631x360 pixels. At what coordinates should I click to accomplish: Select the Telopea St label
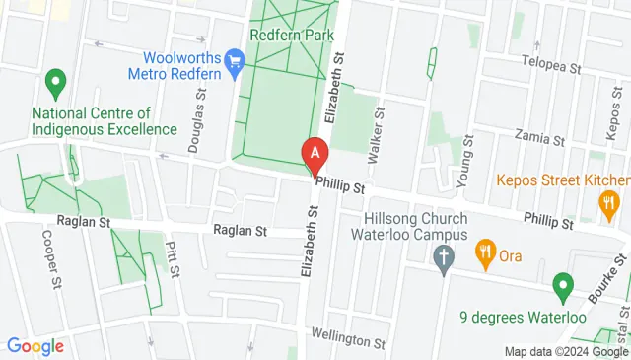pos(551,66)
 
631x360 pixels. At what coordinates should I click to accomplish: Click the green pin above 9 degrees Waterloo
pos(563,287)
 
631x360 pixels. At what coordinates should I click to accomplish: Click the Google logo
pos(35,345)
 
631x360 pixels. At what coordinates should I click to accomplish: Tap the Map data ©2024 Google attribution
pos(565,352)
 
